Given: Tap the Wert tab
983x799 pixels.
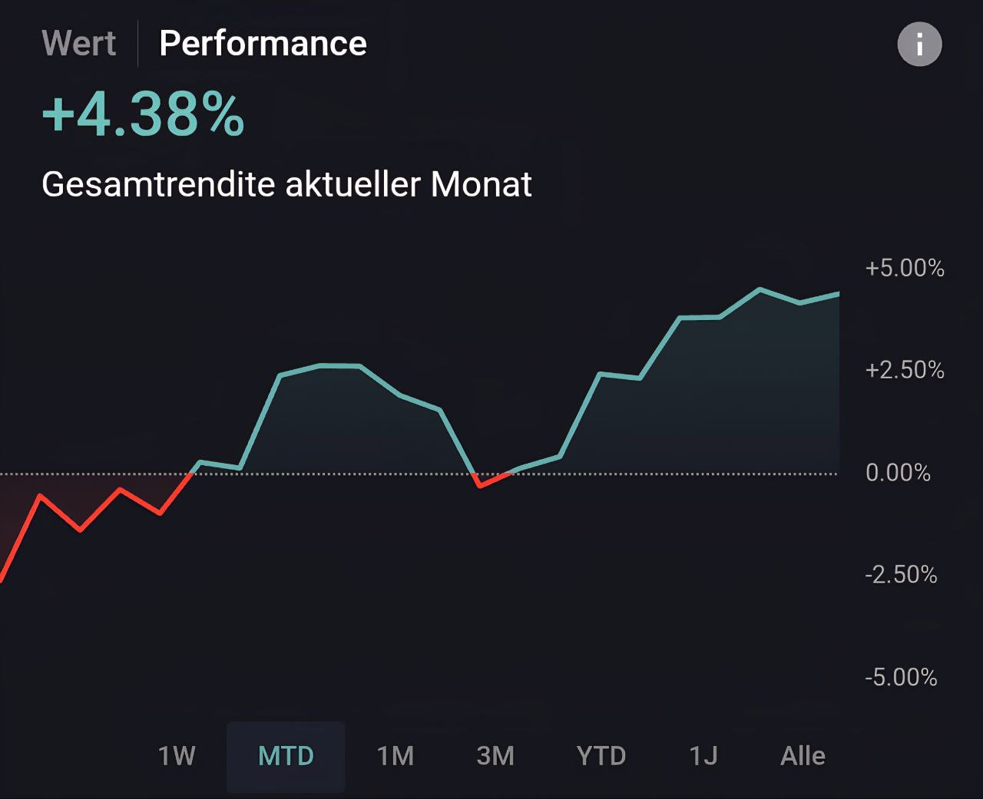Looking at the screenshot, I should pyautogui.click(x=79, y=43).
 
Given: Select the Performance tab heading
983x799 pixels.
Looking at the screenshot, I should pyautogui.click(x=263, y=43).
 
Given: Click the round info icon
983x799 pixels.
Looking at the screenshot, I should pyautogui.click(x=919, y=44).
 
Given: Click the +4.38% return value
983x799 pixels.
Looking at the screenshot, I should pyautogui.click(x=144, y=115).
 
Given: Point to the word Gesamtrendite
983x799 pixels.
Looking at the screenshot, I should pyautogui.click(x=157, y=184).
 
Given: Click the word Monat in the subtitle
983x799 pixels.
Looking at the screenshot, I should pyautogui.click(x=482, y=184).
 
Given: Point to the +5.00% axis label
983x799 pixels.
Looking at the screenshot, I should pyautogui.click(x=904, y=268).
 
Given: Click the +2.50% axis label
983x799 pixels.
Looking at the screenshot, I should pyautogui.click(x=904, y=370).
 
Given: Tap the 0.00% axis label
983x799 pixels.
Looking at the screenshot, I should pyautogui.click(x=898, y=472).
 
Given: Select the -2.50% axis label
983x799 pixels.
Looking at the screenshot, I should pyautogui.click(x=901, y=575).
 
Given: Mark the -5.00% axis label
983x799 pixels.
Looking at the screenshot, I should pyautogui.click(x=901, y=677).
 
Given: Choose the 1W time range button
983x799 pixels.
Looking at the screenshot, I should pyautogui.click(x=177, y=756).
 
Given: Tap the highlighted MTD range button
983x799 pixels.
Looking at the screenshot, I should pyautogui.click(x=286, y=756).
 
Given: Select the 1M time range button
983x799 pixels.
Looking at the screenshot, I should pyautogui.click(x=396, y=756).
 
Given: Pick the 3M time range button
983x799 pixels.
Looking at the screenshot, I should pyautogui.click(x=495, y=756).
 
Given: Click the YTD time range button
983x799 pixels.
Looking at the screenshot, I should pyautogui.click(x=601, y=756).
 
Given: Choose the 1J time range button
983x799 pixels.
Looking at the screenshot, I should pyautogui.click(x=703, y=756).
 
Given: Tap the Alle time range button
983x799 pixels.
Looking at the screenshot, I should pyautogui.click(x=803, y=756).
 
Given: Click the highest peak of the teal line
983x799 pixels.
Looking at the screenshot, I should pyautogui.click(x=760, y=289).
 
